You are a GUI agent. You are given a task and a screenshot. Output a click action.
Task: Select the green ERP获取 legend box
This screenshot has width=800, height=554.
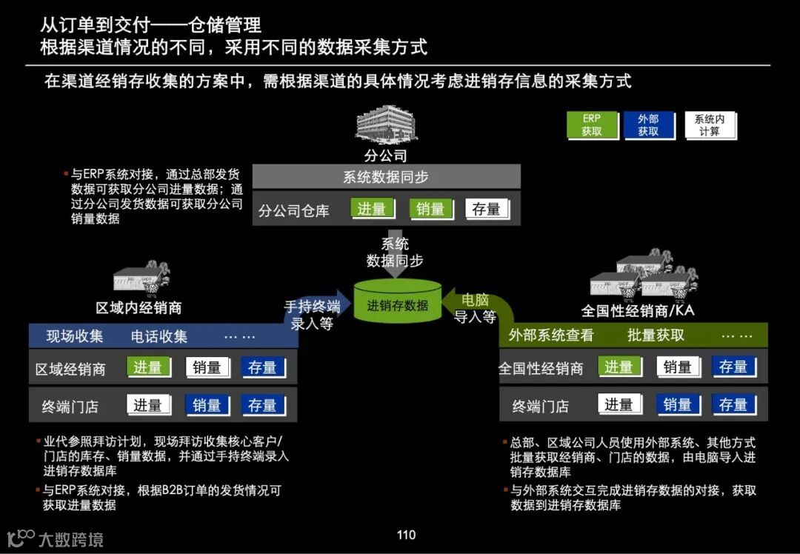coord(591,125)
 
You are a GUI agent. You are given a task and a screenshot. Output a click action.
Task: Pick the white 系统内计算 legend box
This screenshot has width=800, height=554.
coord(709,125)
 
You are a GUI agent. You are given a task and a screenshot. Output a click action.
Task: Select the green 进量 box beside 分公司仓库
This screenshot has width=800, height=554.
coord(371,210)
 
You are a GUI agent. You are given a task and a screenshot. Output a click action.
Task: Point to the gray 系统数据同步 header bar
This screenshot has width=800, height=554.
coord(386,177)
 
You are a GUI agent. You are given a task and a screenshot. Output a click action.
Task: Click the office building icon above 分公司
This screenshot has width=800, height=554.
coord(385,124)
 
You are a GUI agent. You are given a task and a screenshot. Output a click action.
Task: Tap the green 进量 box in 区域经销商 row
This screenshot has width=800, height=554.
coord(147,367)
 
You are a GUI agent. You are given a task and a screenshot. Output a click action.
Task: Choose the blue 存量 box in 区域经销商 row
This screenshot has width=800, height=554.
coord(262,367)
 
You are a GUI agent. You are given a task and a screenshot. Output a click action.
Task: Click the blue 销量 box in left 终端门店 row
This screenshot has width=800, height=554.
coord(207,405)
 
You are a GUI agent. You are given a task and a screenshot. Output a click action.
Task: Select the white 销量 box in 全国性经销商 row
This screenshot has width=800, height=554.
coord(677,367)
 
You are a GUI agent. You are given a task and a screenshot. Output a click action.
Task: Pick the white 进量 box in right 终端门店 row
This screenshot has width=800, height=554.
coord(619,404)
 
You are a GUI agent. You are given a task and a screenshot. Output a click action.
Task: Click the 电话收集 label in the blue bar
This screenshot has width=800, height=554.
coord(159,336)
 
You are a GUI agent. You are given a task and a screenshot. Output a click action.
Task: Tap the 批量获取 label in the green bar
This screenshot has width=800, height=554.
coord(656,335)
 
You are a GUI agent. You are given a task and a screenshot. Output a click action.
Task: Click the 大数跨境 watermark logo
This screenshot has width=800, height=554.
coord(55,538)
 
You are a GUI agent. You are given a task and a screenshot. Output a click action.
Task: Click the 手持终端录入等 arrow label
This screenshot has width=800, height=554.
coord(312,315)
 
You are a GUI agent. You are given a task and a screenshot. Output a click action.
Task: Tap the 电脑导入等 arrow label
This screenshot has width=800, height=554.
coord(475,308)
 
